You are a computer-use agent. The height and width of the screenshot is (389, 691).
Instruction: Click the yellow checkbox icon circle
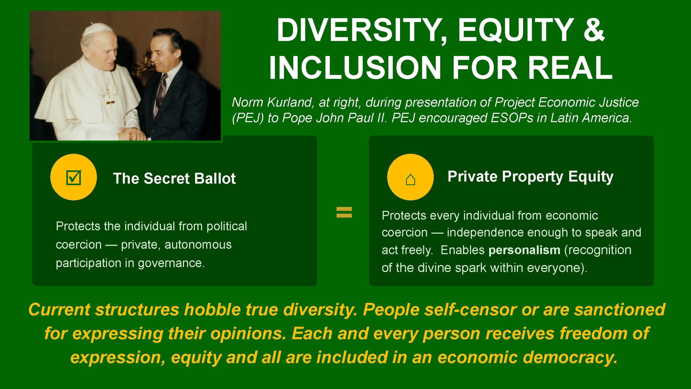point(73,177)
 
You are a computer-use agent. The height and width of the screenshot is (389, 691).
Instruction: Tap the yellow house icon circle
point(410,177)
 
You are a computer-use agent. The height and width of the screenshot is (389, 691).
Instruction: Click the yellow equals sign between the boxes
point(344,212)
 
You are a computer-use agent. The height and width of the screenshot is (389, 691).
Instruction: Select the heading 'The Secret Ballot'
point(174,178)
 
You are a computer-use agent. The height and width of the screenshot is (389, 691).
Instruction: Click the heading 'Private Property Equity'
point(530,177)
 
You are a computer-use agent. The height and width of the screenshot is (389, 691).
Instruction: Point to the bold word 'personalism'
point(524,250)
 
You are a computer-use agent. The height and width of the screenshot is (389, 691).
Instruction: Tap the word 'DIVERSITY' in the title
point(359,30)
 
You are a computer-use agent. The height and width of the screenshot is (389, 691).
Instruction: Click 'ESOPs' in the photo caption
point(512,118)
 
